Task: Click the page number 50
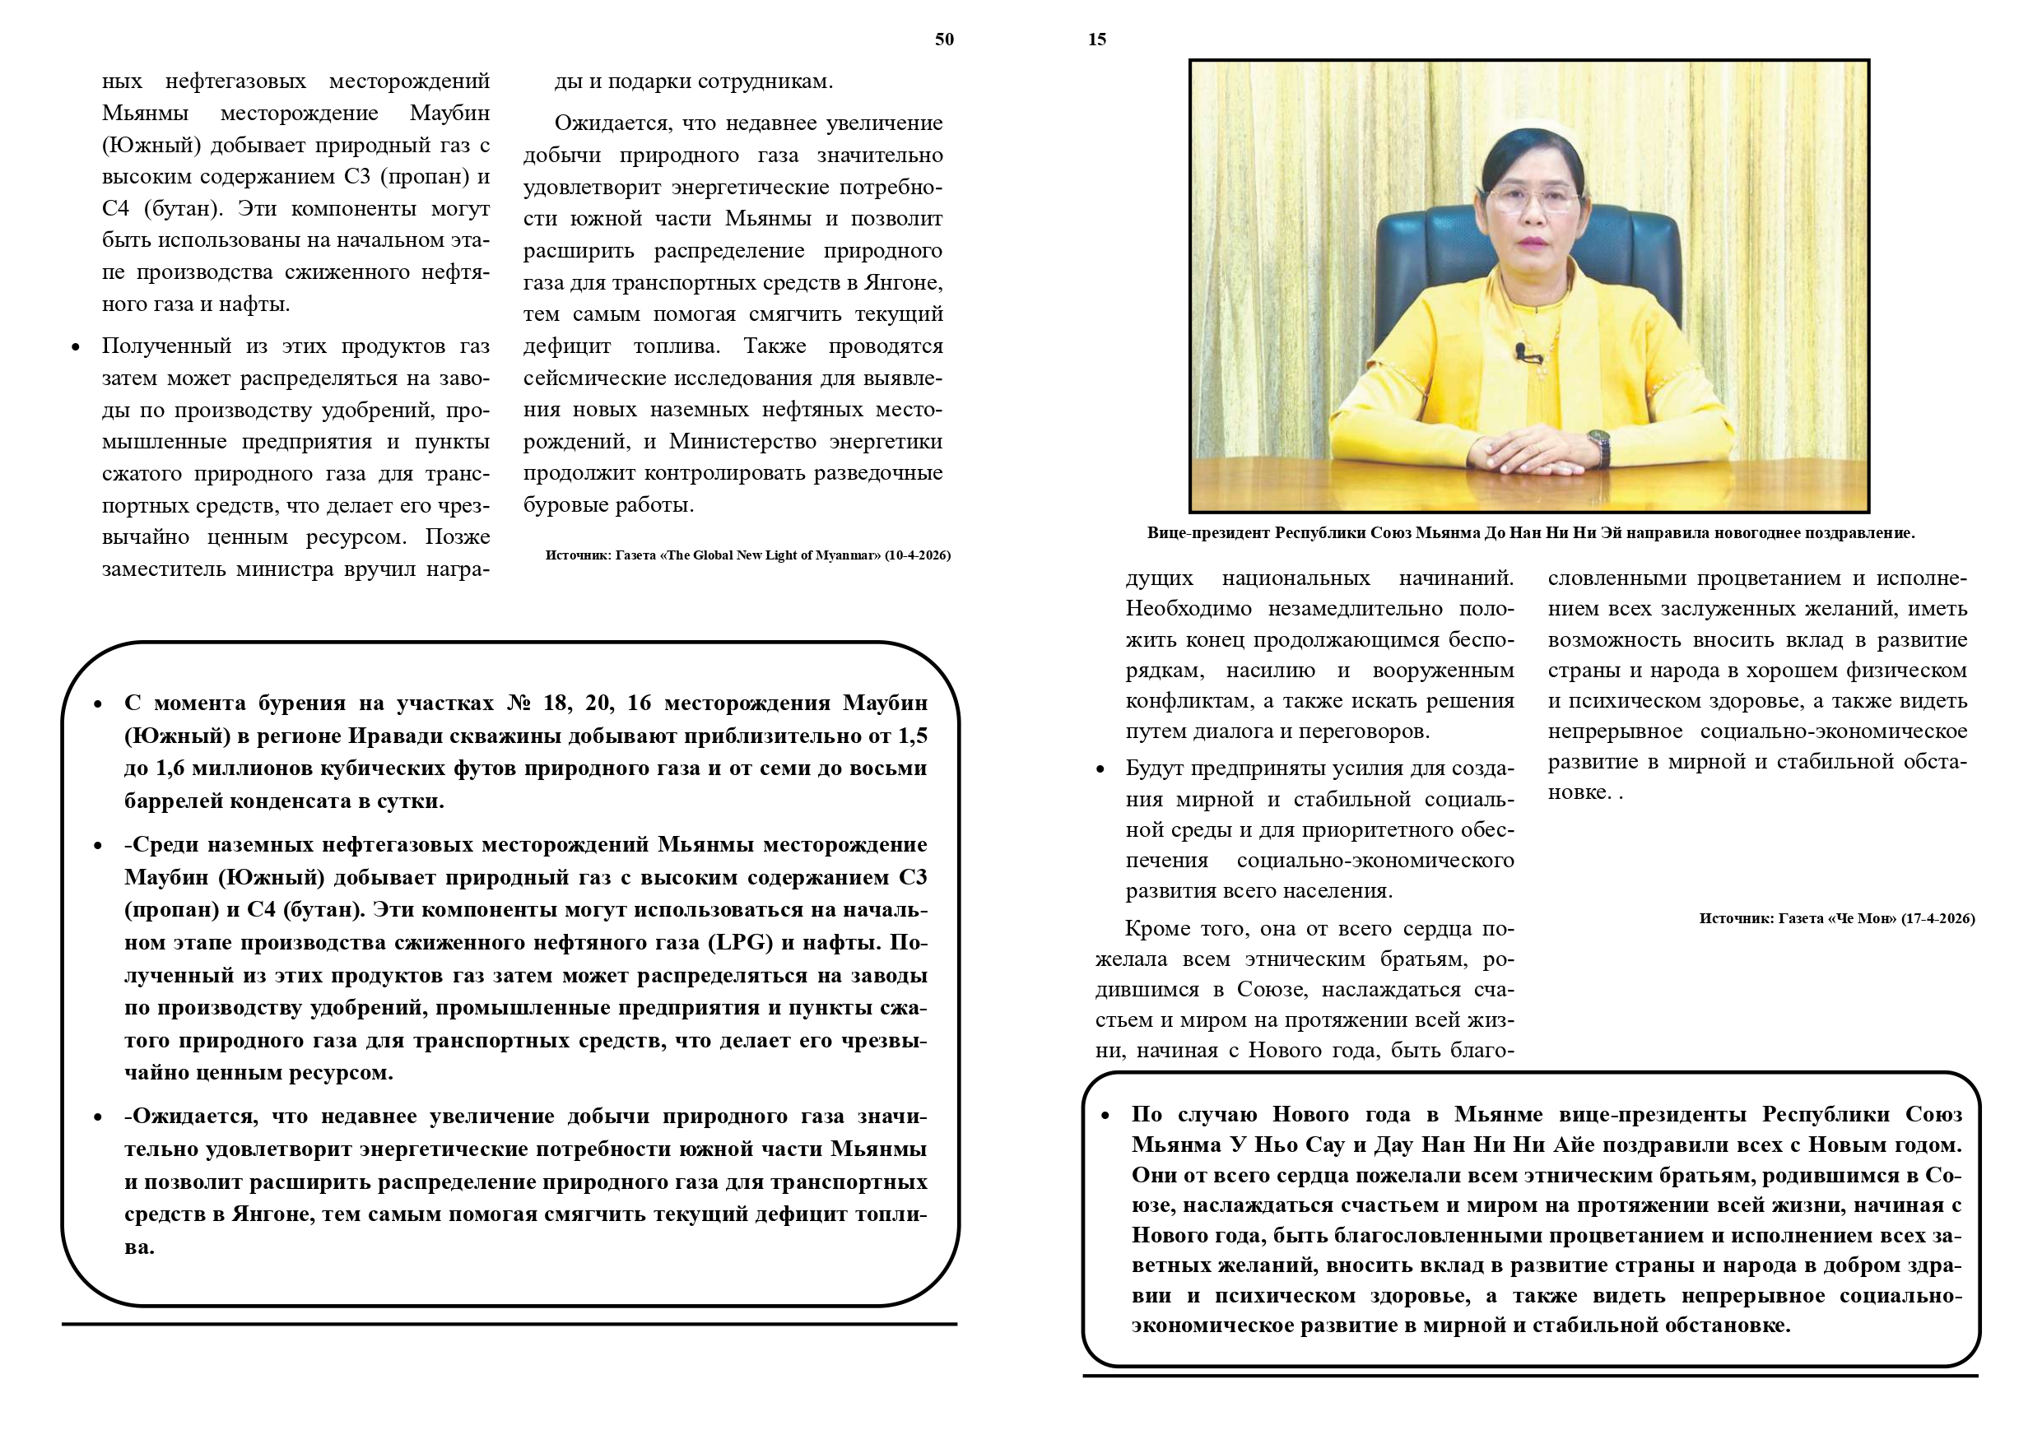[943, 39]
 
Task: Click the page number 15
[1096, 39]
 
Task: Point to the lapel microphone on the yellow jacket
[1526, 352]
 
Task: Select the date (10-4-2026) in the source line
[917, 555]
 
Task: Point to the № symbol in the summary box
[518, 703]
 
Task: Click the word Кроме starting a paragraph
[1159, 929]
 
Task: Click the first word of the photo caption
[1207, 533]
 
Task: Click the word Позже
[457, 537]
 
